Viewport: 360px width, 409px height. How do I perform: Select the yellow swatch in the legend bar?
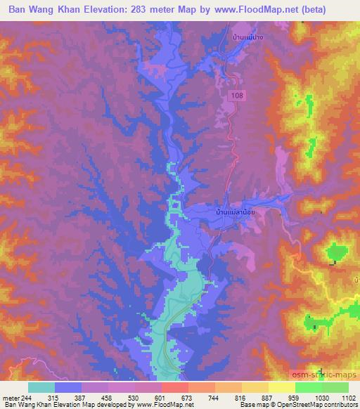point(281,387)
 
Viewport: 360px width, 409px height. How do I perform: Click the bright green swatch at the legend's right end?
point(335,387)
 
